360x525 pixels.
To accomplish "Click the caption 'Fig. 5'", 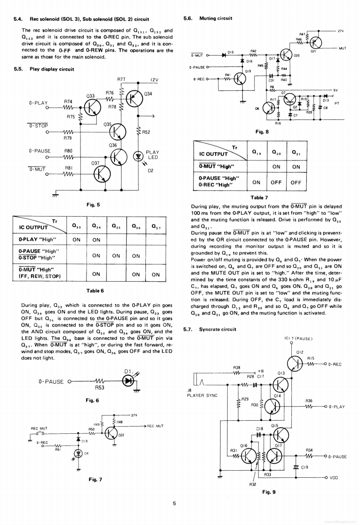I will coord(93,204).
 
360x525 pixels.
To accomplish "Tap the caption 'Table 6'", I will coord(93,291).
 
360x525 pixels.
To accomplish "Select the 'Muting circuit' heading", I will coord(216,18).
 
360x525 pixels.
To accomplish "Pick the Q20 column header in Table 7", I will coord(276,152).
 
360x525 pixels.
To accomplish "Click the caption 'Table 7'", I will coord(259,197).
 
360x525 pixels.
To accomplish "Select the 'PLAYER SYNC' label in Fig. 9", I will coord(202,395).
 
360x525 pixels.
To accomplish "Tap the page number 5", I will coord(174,503).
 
